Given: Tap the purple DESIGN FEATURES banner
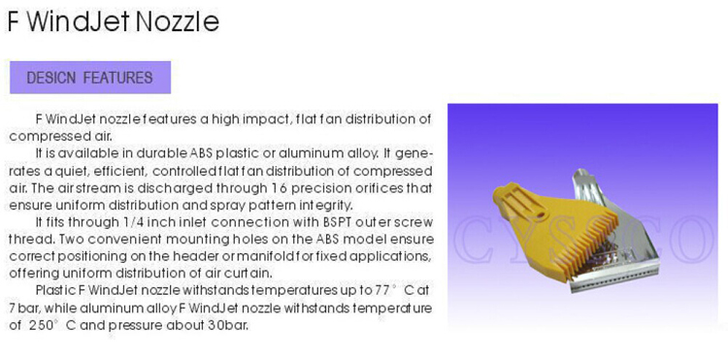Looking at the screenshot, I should (x=90, y=78).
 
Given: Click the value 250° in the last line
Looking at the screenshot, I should (x=42, y=325).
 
